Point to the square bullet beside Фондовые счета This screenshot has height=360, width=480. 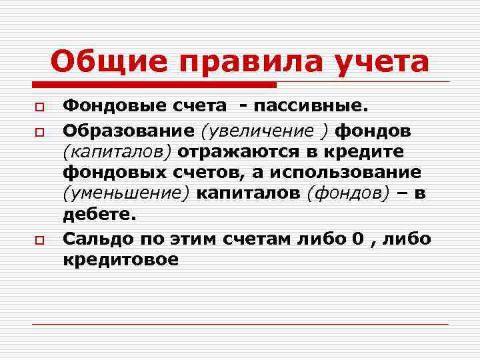pos(40,107)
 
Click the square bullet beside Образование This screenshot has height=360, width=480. pos(40,129)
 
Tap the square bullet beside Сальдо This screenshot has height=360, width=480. pos(40,239)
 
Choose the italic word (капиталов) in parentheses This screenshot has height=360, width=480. pos(117,150)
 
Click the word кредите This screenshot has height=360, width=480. pos(365,150)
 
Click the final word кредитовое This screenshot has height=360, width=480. pos(121,260)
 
